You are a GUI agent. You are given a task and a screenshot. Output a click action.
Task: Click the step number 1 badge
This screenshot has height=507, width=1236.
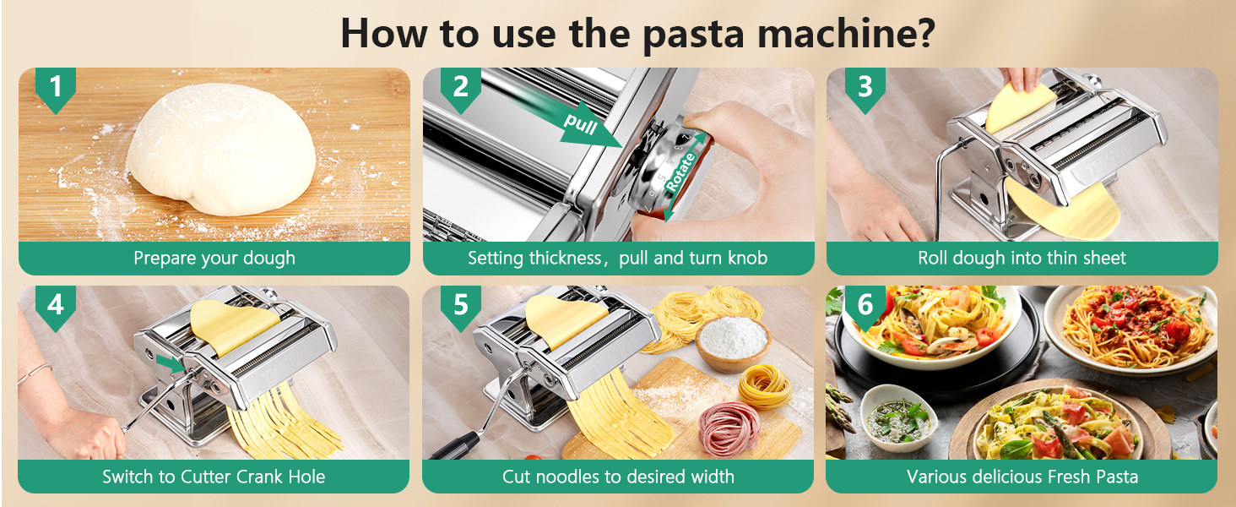(56, 87)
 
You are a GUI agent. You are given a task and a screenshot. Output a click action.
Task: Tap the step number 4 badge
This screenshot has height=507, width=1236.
(56, 304)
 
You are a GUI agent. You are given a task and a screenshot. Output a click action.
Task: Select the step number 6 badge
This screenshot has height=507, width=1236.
(865, 304)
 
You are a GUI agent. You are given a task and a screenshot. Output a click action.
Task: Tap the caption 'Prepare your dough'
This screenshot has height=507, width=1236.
(214, 259)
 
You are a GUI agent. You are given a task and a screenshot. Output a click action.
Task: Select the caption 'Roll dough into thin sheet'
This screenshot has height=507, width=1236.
(1022, 259)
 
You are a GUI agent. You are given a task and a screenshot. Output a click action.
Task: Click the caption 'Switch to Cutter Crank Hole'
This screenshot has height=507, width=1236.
(214, 477)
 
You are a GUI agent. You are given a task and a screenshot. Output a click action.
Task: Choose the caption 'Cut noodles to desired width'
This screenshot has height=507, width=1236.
(618, 477)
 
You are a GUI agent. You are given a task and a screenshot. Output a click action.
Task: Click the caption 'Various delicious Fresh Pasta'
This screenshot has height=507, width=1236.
(1022, 477)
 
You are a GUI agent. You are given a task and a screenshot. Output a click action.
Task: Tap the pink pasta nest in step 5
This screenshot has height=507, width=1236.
(729, 428)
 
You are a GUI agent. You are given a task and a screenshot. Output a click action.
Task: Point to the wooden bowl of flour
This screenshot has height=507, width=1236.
(733, 342)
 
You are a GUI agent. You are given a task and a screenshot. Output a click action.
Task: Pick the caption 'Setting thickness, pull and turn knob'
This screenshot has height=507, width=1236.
(618, 259)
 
